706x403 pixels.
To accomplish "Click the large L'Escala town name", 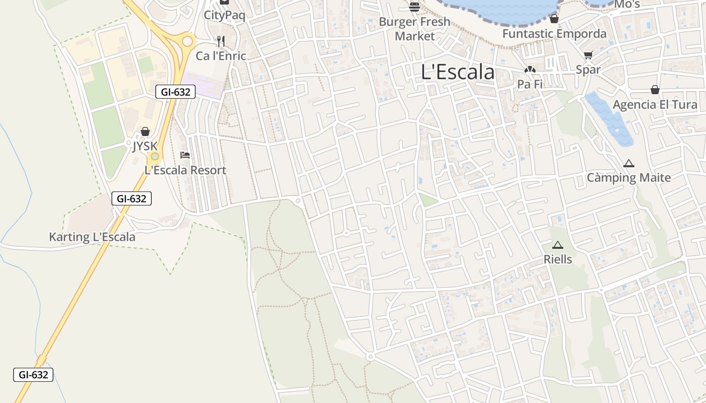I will (x=457, y=72).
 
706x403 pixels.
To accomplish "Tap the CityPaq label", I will (x=224, y=15).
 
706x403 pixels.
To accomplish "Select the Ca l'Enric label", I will (x=221, y=56).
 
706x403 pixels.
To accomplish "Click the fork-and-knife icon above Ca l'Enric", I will (x=221, y=41).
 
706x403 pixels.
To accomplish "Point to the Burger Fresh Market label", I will (x=415, y=29).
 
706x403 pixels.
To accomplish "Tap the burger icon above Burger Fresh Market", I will (x=415, y=7).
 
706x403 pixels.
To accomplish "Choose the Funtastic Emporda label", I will (x=554, y=34).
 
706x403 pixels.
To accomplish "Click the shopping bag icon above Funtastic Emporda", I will (x=554, y=19).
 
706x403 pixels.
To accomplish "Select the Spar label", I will (x=588, y=70).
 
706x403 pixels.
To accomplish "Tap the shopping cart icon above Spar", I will (x=588, y=55).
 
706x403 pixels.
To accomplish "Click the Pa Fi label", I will (x=529, y=84).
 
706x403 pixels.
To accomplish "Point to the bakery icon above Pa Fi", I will (x=529, y=70).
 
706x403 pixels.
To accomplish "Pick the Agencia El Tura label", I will (x=655, y=105).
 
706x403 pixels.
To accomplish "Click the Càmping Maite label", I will (x=628, y=178).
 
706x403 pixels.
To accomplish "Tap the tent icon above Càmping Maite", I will (x=628, y=163).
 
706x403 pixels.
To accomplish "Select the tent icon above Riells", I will (x=557, y=245).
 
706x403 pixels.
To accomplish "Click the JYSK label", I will (x=145, y=147).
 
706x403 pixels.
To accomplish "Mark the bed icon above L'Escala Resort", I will (x=185, y=155).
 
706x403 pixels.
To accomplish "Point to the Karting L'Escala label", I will (x=92, y=237).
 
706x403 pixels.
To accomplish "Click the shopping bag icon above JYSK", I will (x=145, y=132).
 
